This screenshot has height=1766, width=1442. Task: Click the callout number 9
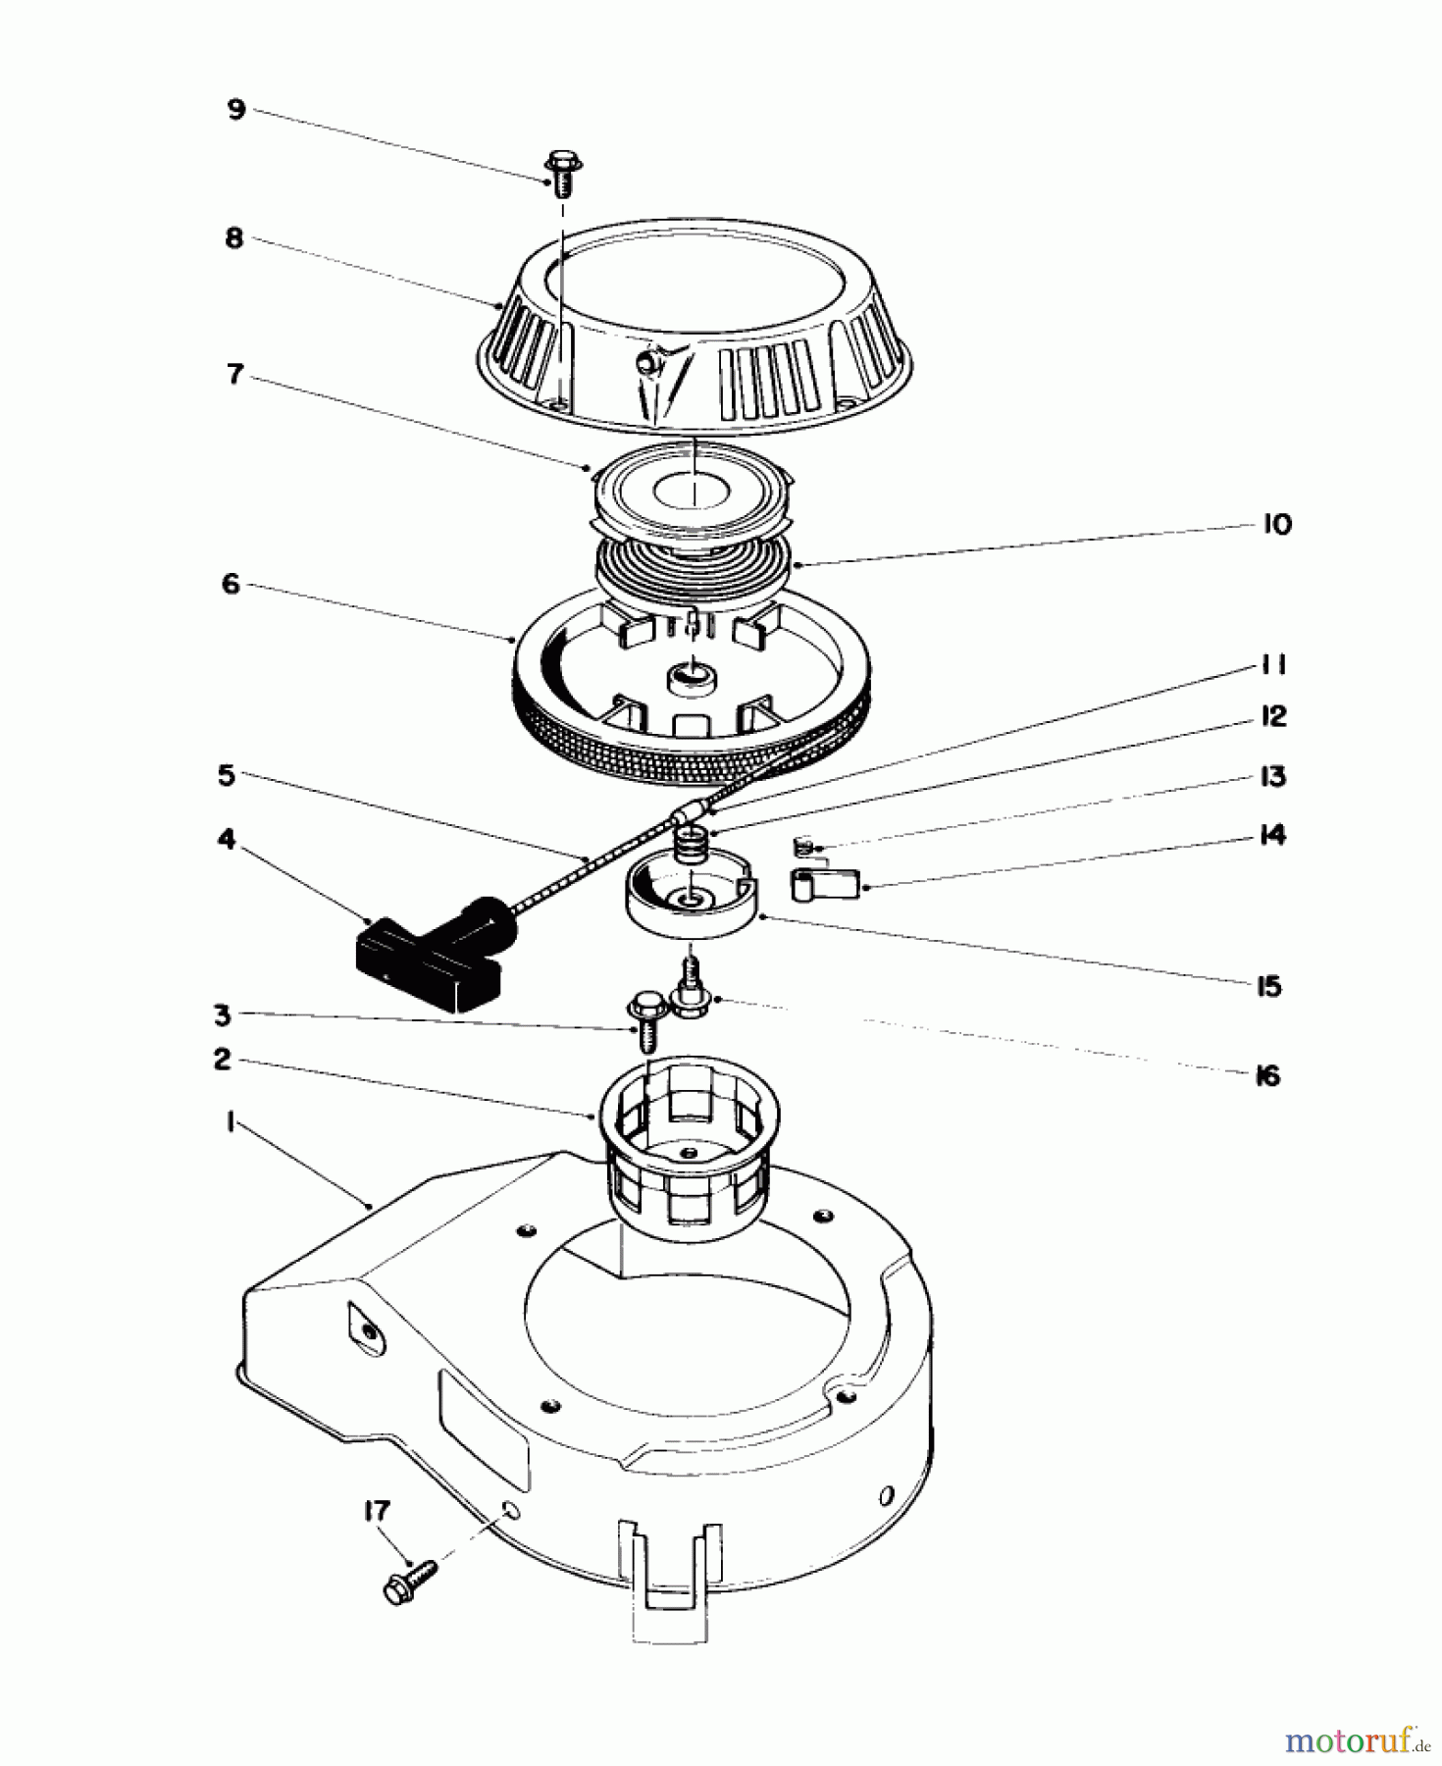click(x=235, y=109)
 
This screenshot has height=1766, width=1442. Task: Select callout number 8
click(x=233, y=238)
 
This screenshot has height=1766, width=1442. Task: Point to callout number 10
click(x=1276, y=525)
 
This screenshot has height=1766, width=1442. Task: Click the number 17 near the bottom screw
click(x=376, y=1512)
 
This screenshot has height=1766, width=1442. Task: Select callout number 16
click(x=1267, y=1076)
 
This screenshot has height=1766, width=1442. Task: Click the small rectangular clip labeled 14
click(x=824, y=883)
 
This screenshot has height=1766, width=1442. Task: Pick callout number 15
click(x=1268, y=986)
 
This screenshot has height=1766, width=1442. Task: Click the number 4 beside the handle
click(x=227, y=840)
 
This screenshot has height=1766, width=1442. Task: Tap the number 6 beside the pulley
click(x=231, y=585)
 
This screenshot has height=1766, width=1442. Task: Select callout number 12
click(x=1272, y=716)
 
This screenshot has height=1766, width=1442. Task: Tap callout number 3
click(x=223, y=1014)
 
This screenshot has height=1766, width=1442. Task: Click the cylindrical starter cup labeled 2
click(x=684, y=1138)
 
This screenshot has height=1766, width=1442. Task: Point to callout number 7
click(x=234, y=375)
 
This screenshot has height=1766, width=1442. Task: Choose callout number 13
click(x=1272, y=777)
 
